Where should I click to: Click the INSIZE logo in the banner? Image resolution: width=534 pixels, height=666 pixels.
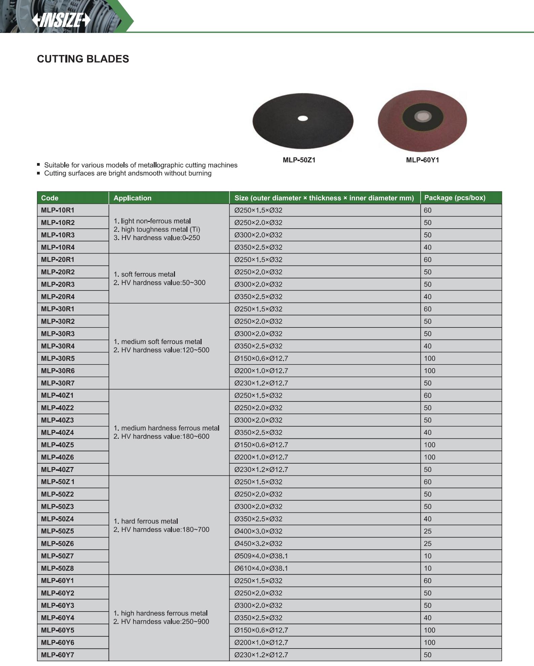(x=61, y=20)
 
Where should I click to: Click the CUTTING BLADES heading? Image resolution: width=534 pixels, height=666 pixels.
(x=83, y=59)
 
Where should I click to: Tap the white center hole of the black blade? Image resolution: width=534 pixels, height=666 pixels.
(x=303, y=118)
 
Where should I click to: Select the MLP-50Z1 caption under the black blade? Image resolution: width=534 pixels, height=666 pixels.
(x=299, y=160)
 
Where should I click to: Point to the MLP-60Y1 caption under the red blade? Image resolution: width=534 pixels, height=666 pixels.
(x=422, y=160)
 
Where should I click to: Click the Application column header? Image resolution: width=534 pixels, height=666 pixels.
(x=132, y=198)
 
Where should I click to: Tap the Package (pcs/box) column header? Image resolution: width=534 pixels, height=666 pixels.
(x=455, y=198)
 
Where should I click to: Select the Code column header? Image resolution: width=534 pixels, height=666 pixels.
(x=49, y=198)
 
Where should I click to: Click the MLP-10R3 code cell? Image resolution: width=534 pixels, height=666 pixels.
(x=58, y=235)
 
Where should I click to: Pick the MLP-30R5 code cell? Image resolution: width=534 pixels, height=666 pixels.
(x=58, y=358)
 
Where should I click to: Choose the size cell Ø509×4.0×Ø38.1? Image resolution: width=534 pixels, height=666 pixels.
(x=261, y=556)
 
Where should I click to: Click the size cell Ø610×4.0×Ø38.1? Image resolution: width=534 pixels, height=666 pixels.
(x=261, y=569)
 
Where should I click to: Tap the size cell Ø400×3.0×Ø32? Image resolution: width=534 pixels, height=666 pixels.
(x=258, y=531)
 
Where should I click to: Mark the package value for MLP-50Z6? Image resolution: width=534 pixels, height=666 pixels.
(x=427, y=544)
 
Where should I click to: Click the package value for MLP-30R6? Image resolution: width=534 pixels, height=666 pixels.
(x=429, y=371)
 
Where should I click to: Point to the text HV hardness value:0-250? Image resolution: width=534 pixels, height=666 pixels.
(x=161, y=238)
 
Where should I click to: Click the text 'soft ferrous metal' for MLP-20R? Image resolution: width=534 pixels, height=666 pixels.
(x=148, y=274)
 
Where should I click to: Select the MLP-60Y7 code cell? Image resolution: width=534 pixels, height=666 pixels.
(x=58, y=655)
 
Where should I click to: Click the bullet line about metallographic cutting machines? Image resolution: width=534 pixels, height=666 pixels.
(x=141, y=165)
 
